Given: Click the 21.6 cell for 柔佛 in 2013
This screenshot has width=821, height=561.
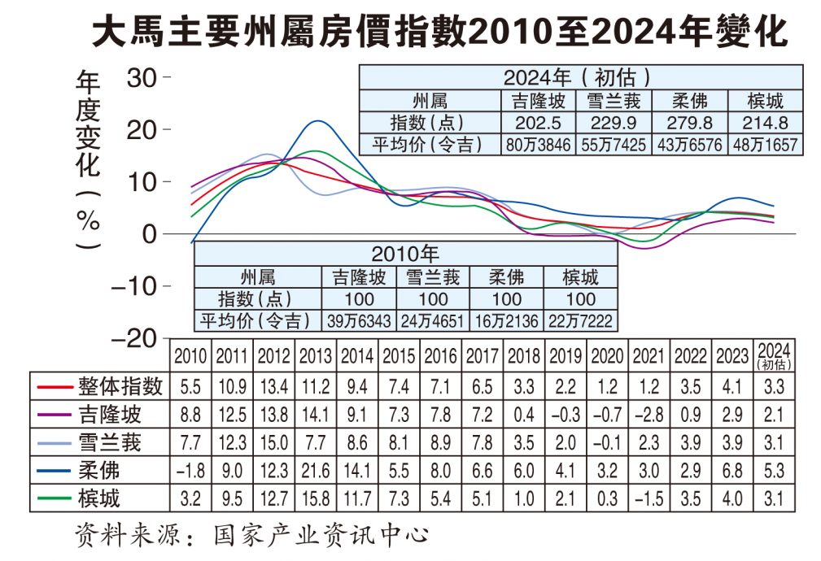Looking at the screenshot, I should [x=315, y=471].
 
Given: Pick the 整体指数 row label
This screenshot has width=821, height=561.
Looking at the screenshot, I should [x=121, y=386].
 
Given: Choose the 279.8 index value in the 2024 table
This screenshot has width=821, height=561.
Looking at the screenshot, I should [x=690, y=123].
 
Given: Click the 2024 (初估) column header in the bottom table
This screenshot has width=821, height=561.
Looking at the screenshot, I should [x=776, y=357].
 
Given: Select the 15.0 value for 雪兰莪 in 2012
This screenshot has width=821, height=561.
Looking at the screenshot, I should [x=273, y=442].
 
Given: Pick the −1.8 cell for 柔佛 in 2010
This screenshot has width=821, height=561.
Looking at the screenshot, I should [x=191, y=471].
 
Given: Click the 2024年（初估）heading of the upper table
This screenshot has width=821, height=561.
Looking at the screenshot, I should [x=579, y=79].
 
